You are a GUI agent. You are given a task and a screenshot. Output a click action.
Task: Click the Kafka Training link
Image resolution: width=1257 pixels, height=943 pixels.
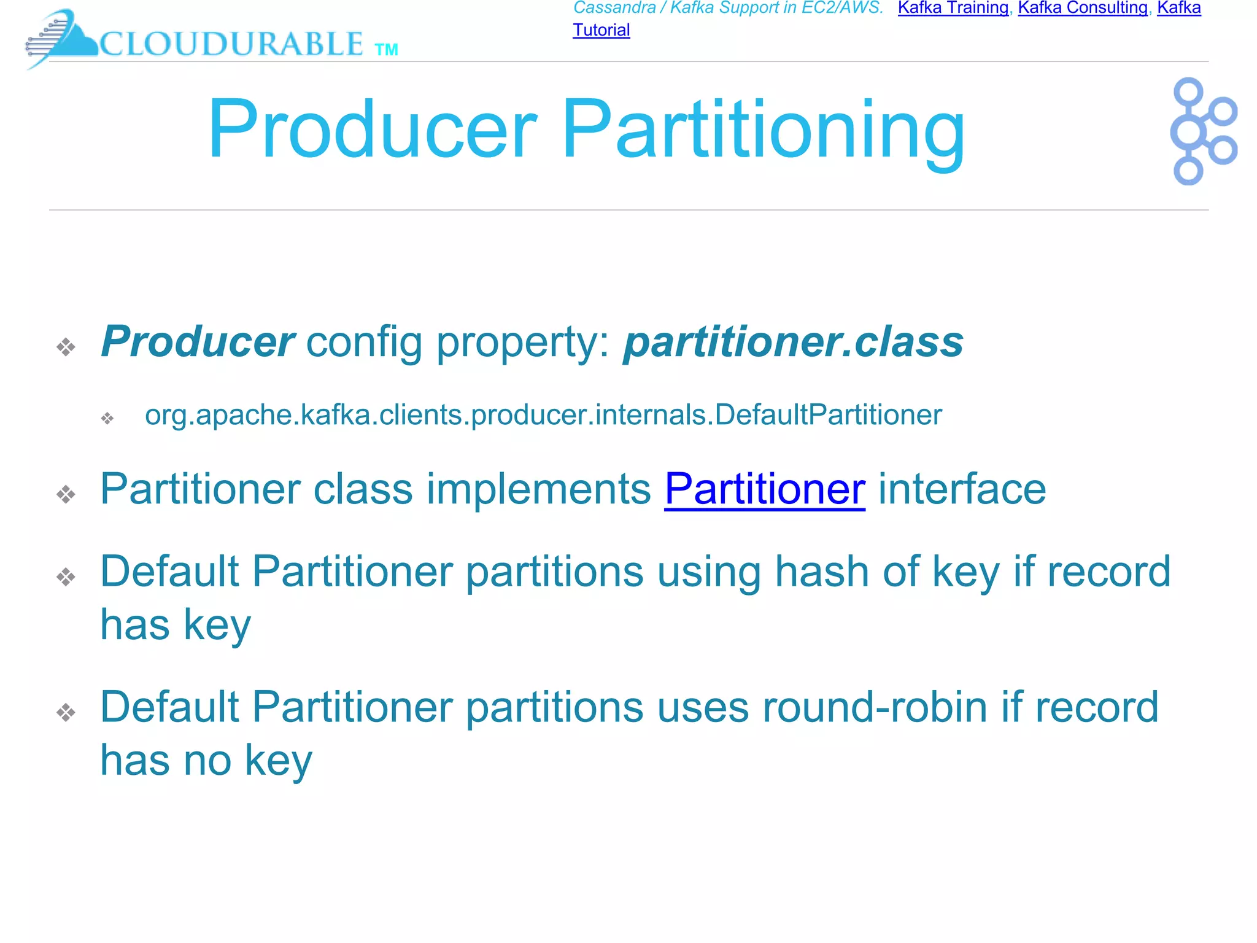[x=953, y=8]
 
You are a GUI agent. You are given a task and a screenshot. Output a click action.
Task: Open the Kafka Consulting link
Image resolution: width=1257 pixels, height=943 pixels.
[x=1083, y=8]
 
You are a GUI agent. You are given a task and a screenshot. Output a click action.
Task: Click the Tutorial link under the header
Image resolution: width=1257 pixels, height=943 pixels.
[x=601, y=30]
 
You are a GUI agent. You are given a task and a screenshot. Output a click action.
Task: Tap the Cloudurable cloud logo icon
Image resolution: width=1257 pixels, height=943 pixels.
[x=61, y=38]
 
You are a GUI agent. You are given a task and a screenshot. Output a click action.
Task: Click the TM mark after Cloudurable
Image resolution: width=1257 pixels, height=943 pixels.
[x=386, y=50]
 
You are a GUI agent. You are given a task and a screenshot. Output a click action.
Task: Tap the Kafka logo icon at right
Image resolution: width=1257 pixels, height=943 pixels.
[x=1202, y=131]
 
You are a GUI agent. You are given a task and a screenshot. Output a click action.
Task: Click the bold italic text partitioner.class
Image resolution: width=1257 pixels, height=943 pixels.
[x=793, y=342]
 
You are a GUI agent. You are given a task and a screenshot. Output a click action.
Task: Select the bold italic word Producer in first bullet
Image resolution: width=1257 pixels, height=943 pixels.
[x=198, y=342]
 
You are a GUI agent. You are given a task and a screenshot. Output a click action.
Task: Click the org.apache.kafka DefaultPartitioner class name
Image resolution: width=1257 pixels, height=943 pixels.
[x=543, y=415]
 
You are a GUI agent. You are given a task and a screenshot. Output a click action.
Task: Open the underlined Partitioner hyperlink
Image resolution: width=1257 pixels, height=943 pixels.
[x=764, y=489]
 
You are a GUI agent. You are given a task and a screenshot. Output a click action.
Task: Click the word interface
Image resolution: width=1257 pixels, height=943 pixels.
[x=962, y=489]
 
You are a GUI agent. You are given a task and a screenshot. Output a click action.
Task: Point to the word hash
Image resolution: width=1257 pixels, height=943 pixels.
[x=821, y=572]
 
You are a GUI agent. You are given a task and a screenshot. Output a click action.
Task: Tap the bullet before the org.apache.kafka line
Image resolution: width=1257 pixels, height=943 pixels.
[x=107, y=419]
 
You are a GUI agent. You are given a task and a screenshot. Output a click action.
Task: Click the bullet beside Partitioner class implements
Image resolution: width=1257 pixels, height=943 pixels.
[x=66, y=494]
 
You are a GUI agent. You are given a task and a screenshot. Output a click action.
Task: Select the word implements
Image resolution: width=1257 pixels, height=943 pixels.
[x=538, y=489]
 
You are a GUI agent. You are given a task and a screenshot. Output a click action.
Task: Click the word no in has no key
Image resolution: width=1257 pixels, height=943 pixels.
[x=207, y=761]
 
